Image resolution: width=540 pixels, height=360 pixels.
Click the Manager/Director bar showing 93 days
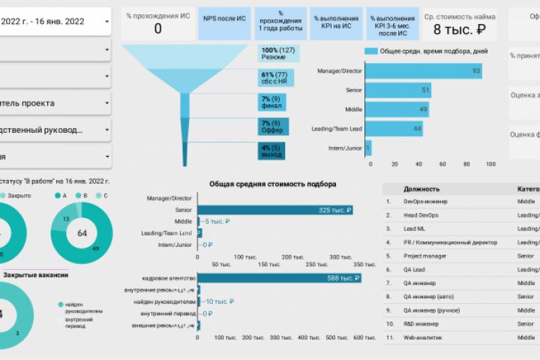click(424, 70)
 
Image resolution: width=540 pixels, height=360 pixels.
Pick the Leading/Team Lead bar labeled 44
click(394, 129)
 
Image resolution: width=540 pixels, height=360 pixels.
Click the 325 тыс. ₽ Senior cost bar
click(274, 210)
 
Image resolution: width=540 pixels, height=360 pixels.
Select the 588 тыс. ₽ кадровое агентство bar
click(279, 278)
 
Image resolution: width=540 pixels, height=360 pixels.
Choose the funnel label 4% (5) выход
click(272, 151)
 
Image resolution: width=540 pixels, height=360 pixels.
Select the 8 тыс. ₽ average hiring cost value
click(460, 29)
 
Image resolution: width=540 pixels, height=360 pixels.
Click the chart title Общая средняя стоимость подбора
click(272, 184)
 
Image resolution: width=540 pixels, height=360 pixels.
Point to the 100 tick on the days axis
click(490, 163)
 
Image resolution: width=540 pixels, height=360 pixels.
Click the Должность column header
click(421, 189)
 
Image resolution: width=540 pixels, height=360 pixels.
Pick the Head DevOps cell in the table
click(421, 215)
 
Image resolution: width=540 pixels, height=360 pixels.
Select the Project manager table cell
click(425, 256)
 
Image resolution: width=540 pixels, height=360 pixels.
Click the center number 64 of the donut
click(82, 233)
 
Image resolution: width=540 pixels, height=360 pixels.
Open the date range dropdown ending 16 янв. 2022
click(56, 22)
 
